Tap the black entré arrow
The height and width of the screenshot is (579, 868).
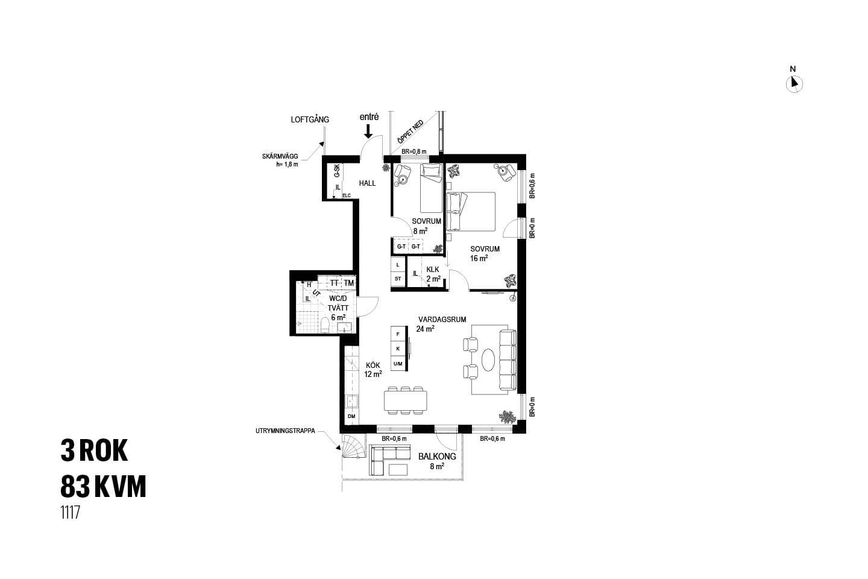[368, 131]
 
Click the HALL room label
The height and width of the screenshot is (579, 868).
[367, 183]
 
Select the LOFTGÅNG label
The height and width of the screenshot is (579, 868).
[310, 119]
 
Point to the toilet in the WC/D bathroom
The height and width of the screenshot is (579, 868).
[325, 325]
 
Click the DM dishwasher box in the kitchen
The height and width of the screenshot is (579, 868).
[351, 416]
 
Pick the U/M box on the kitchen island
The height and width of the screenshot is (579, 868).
[398, 364]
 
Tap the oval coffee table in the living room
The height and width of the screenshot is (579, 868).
[488, 360]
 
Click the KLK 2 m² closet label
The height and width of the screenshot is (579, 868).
[433, 274]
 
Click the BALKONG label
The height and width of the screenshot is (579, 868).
[437, 457]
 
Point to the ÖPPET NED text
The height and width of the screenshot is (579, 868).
[410, 132]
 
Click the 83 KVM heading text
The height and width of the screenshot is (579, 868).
[104, 486]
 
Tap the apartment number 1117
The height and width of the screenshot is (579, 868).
[70, 513]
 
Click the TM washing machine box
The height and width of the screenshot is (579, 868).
[349, 283]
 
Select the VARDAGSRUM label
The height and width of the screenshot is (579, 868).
[442, 319]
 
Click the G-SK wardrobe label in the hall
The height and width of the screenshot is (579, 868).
[337, 171]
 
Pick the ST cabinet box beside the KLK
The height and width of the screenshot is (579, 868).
[398, 279]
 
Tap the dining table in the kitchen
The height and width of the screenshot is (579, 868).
[405, 400]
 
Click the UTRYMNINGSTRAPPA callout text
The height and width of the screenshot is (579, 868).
[285, 431]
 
